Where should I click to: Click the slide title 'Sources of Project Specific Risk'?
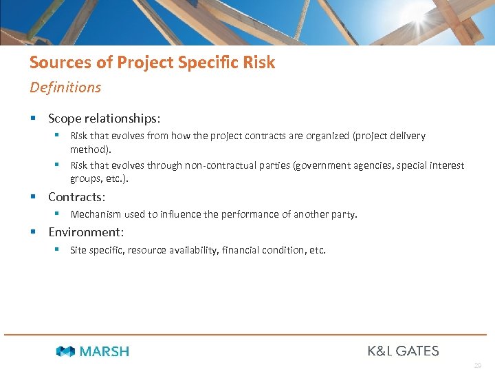tap(152, 63)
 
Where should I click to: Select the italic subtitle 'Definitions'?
tap(65, 87)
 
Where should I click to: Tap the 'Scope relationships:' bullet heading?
tap(104, 118)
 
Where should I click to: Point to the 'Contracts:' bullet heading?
tap(76, 197)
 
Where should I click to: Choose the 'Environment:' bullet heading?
tap(86, 232)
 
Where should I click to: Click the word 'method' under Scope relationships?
tap(89, 149)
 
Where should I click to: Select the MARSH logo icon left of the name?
tap(65, 351)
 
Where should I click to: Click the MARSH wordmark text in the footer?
tap(104, 351)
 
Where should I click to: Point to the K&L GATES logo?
tap(403, 351)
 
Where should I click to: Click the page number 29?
tap(477, 366)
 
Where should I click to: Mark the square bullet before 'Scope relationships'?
tap(33, 118)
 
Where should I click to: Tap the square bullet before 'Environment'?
tap(33, 232)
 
